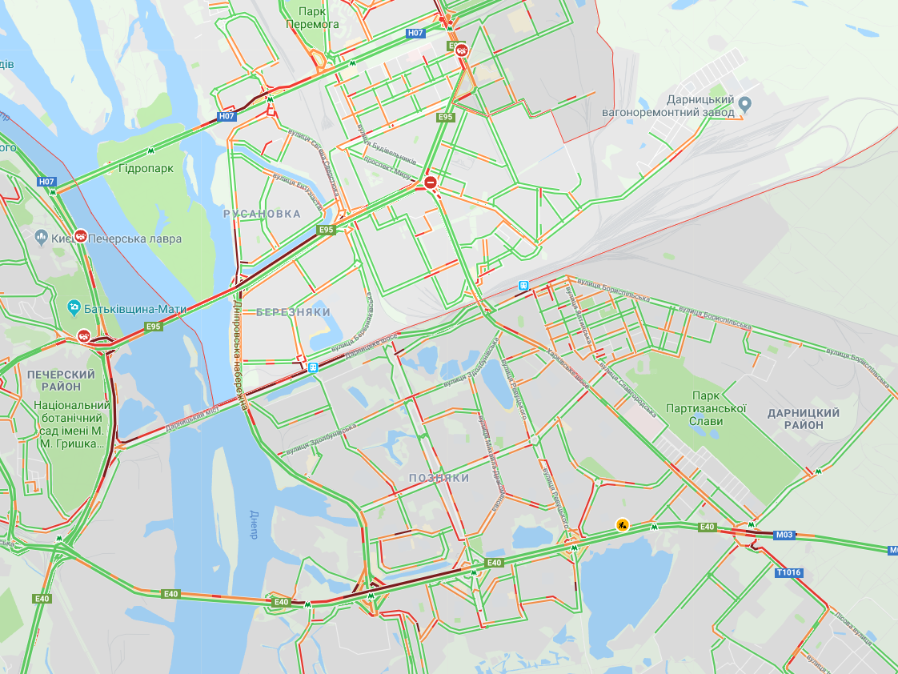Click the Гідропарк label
point(146,169)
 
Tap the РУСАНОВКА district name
point(262,214)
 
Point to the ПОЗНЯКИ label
point(439,478)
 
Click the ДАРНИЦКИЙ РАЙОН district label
point(803,419)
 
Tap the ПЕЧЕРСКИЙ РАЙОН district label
point(61,380)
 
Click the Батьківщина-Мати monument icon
point(74,307)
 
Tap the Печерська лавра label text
point(135,239)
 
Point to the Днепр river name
point(254,524)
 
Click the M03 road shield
point(784,535)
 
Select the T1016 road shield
point(788,572)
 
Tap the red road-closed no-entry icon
point(431,183)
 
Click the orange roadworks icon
point(622,524)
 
